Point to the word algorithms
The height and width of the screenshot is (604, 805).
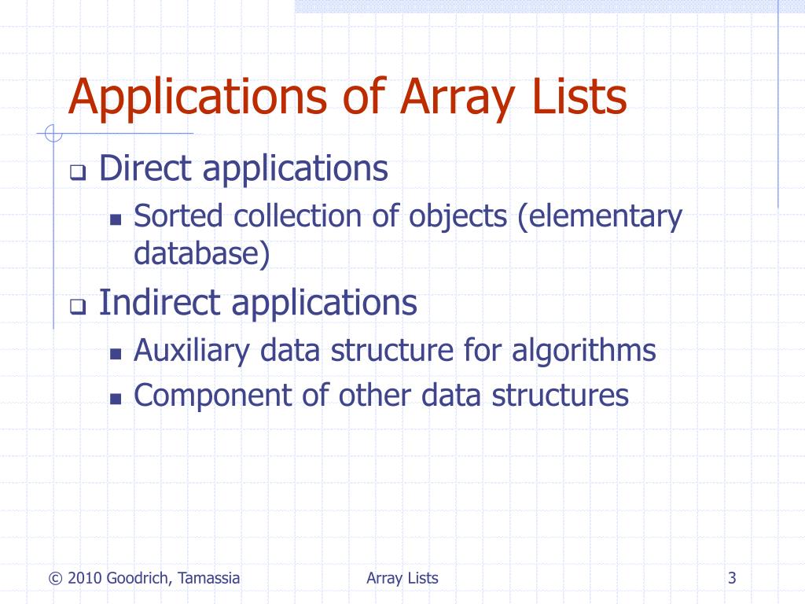click(584, 350)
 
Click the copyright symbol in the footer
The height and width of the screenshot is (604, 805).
click(54, 579)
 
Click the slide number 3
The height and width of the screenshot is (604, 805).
click(732, 579)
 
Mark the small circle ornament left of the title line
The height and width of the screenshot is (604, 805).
click(53, 134)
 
